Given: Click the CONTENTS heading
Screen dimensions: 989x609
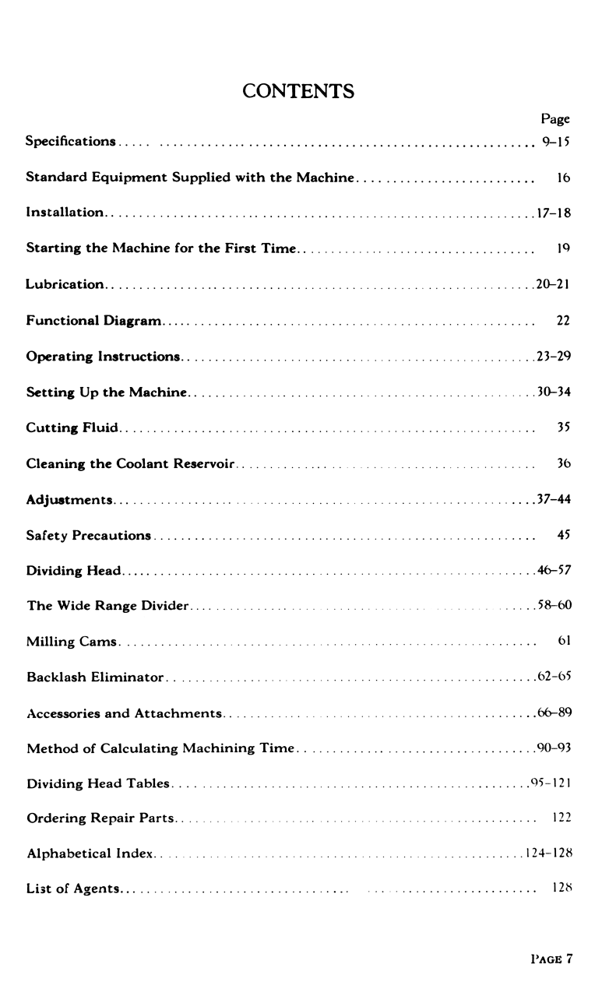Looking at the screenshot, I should (298, 91).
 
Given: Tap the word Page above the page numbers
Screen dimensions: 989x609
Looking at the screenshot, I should (555, 119).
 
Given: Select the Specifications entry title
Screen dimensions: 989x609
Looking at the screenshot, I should (71, 142).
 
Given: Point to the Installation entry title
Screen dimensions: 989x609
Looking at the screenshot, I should (65, 213).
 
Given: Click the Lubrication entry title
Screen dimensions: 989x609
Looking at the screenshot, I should (65, 285).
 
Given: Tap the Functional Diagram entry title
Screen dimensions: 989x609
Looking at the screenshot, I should (93, 321).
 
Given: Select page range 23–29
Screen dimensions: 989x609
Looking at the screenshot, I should (554, 357).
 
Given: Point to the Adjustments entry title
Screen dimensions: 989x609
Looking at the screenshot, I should (69, 500).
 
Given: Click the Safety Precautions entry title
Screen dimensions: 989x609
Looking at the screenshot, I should (89, 536).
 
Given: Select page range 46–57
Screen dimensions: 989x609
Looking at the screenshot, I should (554, 571).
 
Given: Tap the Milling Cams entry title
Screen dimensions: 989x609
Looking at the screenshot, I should (72, 642).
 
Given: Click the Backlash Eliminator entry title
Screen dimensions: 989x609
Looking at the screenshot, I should (95, 678).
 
